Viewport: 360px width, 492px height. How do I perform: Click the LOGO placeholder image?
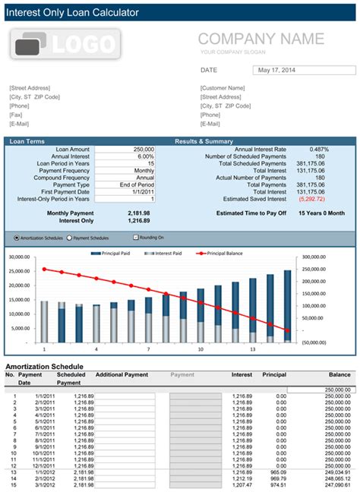[66, 45]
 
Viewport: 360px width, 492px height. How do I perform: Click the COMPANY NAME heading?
[261, 39]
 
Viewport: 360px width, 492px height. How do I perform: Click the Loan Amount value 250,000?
[141, 150]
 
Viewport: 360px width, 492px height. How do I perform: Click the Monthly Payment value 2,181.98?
[139, 213]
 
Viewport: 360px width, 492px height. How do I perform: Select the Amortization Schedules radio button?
[17, 237]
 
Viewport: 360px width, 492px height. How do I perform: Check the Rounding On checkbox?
[135, 237]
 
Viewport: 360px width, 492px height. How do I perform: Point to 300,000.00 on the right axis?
[318, 258]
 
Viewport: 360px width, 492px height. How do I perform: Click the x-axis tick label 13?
[252, 350]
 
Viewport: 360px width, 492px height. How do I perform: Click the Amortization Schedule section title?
[44, 366]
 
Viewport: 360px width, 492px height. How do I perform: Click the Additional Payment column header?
[122, 374]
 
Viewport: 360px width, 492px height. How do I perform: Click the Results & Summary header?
[204, 140]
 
